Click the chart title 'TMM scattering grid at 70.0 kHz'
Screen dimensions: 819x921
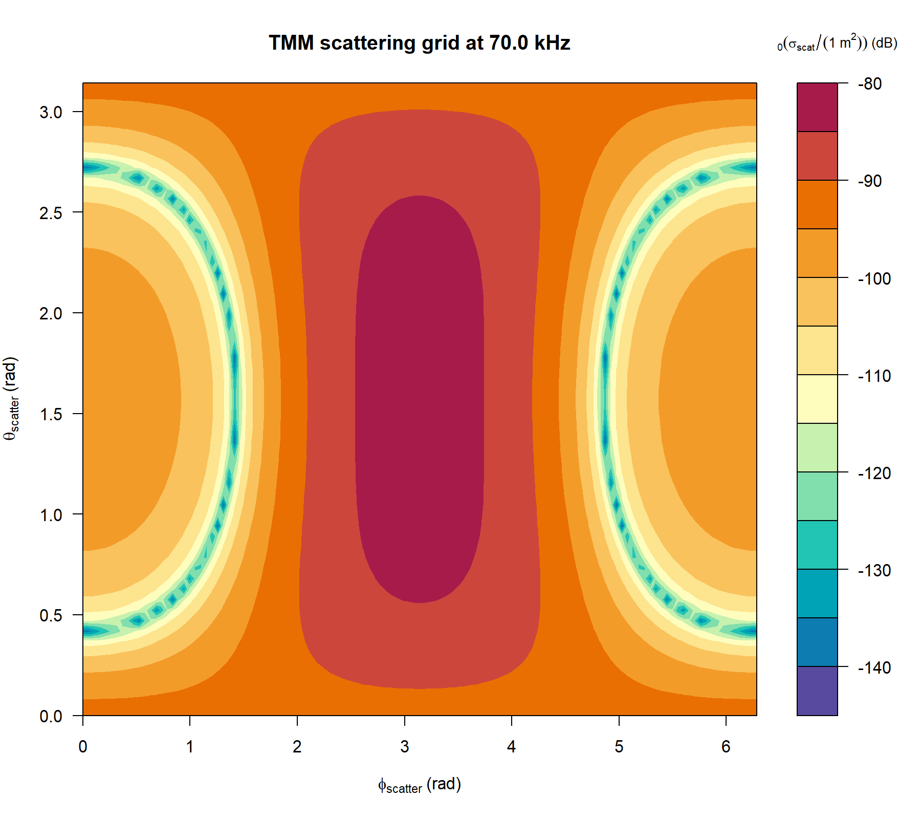pyautogui.click(x=419, y=43)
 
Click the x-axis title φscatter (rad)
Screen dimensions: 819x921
pyautogui.click(x=419, y=785)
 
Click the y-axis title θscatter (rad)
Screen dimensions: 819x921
pyautogui.click(x=11, y=399)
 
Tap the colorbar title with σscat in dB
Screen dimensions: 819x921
pyautogui.click(x=837, y=44)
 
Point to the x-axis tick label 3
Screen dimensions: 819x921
pyautogui.click(x=404, y=747)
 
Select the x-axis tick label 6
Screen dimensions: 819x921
pyautogui.click(x=726, y=747)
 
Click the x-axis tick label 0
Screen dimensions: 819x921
pyautogui.click(x=83, y=747)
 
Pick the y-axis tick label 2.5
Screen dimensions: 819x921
pyautogui.click(x=51, y=213)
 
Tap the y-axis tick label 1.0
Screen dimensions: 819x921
pyautogui.click(x=51, y=515)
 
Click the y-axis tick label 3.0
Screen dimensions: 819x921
pyautogui.click(x=51, y=112)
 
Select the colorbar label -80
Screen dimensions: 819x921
pyautogui.click(x=870, y=84)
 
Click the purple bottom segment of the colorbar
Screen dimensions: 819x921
pyautogui.click(x=817, y=691)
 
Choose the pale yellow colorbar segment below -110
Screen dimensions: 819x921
pyautogui.click(x=817, y=399)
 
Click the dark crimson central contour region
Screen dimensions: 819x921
pyautogui.click(x=420, y=399)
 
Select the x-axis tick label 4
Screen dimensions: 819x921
pyautogui.click(x=511, y=747)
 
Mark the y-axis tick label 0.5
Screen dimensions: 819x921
pyautogui.click(x=51, y=615)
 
